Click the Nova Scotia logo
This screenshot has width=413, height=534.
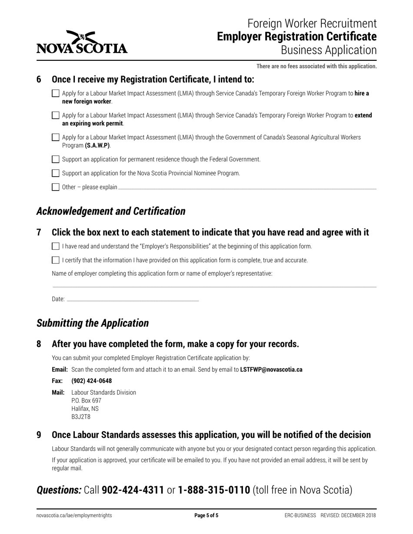click(x=82, y=43)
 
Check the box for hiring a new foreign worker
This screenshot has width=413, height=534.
click(x=56, y=93)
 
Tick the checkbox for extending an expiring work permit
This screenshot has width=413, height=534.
click(x=56, y=115)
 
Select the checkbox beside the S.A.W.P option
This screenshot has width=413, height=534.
click(x=56, y=137)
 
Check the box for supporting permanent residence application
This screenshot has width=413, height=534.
click(x=56, y=159)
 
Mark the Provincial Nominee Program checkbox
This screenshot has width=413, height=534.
click(x=56, y=173)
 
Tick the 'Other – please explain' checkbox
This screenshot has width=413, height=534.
click(x=56, y=187)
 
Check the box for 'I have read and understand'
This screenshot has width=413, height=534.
click(x=56, y=246)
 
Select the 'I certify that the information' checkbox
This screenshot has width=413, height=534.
click(x=56, y=260)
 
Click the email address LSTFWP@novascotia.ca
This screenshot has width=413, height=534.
click(x=271, y=370)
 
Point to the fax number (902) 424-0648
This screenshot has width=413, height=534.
click(x=91, y=381)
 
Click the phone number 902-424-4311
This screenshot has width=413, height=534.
click(x=133, y=490)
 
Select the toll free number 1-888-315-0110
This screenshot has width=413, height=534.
click(x=214, y=490)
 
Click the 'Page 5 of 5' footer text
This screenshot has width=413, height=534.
click(x=206, y=516)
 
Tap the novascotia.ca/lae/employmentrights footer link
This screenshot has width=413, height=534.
click(x=74, y=516)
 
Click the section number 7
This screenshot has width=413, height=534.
click(x=39, y=233)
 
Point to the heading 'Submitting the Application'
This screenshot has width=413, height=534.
click(x=93, y=323)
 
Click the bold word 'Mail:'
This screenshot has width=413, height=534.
click(x=58, y=392)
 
